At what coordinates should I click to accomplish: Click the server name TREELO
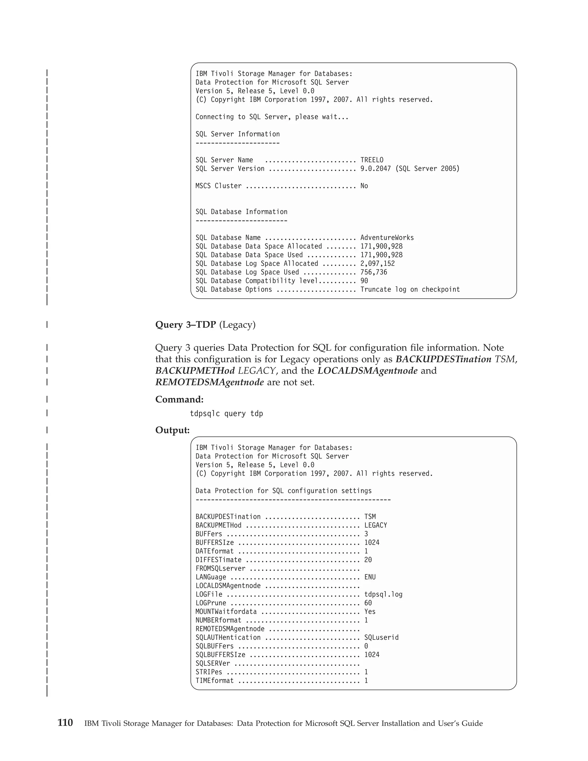[x=372, y=160]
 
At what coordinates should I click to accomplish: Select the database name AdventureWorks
[x=387, y=238]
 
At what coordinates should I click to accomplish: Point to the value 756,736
[x=374, y=272]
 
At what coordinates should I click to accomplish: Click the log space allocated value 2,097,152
[x=377, y=263]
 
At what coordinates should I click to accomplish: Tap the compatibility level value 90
[x=364, y=281]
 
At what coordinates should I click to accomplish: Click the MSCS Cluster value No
[x=364, y=186]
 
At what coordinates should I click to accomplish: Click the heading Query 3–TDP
[x=185, y=325]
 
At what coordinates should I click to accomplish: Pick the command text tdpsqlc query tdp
[x=227, y=414]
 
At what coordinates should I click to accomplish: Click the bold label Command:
[x=179, y=399]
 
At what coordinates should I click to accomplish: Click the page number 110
[x=65, y=723]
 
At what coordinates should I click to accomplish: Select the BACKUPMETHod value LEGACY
[x=376, y=525]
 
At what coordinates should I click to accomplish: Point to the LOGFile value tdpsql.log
[x=383, y=594]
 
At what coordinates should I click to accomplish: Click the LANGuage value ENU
[x=370, y=577]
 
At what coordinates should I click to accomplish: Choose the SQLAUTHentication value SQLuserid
[x=381, y=637]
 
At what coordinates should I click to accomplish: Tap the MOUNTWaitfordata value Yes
[x=370, y=611]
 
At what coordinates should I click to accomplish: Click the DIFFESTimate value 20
[x=368, y=560]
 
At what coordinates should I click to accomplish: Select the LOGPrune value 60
[x=368, y=603]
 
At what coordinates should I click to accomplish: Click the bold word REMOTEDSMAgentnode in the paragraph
[x=209, y=383]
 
